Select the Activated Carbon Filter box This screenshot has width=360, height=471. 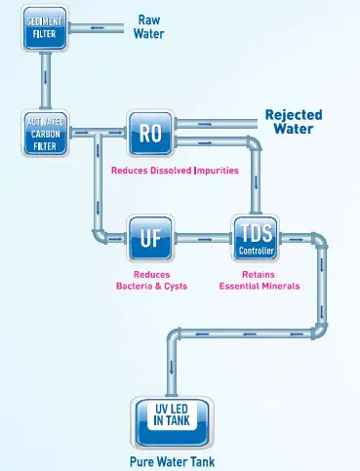(44, 134)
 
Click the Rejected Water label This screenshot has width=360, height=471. (293, 122)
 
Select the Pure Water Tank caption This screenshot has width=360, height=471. (173, 460)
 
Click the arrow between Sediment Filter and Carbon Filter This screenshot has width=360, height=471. (45, 81)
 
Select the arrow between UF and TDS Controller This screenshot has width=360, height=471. (205, 237)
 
